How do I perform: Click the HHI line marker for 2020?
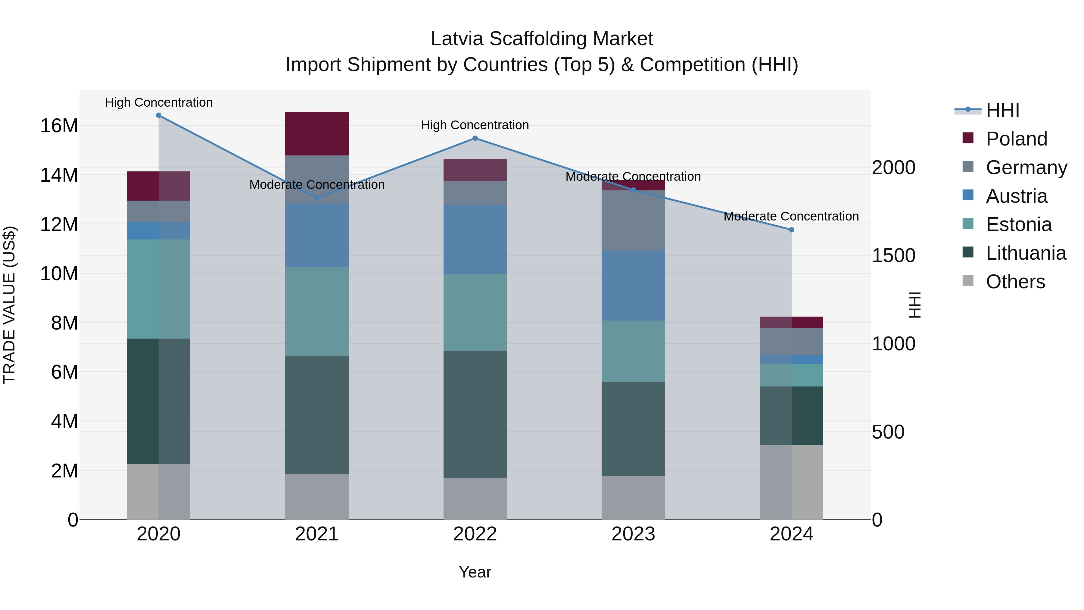click(159, 115)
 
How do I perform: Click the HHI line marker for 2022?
click(475, 138)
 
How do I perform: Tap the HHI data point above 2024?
click(792, 230)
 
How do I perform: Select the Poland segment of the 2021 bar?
click(317, 133)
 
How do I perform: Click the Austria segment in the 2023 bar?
click(633, 286)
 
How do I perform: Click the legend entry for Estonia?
click(1018, 224)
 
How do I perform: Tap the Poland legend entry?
click(1016, 139)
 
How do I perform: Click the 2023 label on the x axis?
click(633, 534)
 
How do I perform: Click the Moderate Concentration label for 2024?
click(791, 216)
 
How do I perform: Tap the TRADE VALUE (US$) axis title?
click(9, 305)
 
